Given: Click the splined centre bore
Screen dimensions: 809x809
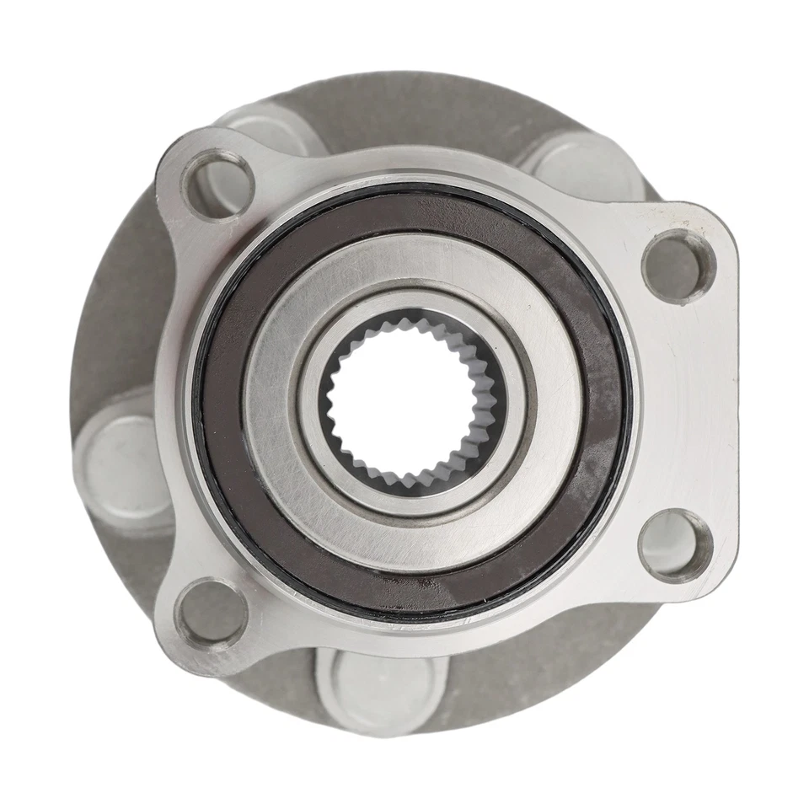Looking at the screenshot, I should (412, 403).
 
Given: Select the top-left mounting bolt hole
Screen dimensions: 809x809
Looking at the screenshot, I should (218, 183).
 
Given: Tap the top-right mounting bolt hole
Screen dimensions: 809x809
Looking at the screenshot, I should (678, 266).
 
